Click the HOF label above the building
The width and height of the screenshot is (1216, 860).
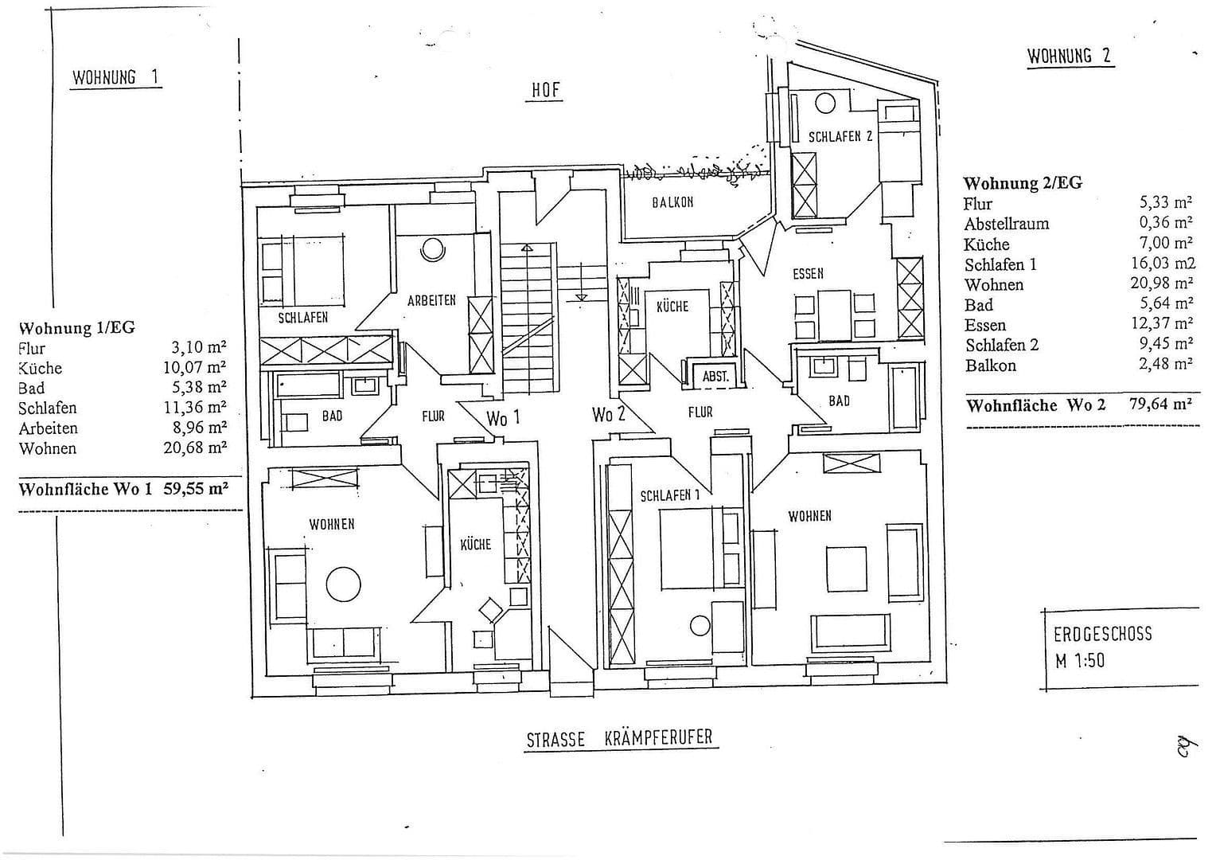[x=546, y=90]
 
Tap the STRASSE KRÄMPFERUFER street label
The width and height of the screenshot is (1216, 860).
[x=621, y=738]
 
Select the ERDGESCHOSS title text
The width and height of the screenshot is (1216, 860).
[x=1102, y=635]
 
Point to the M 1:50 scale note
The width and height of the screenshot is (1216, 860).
[x=1079, y=660]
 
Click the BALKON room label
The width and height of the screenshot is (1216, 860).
[x=672, y=202]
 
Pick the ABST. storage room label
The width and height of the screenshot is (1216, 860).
[x=715, y=377]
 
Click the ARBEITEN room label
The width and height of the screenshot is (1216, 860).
[x=431, y=300]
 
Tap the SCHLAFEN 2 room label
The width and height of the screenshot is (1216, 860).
[x=840, y=136]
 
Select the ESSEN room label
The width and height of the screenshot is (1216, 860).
[x=808, y=273]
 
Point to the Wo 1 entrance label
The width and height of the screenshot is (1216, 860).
[x=503, y=417]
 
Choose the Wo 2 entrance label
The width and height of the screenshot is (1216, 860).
[x=608, y=414]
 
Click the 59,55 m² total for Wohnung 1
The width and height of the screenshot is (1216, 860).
[x=196, y=488]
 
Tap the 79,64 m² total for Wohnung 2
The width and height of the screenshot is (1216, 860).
[x=1160, y=404]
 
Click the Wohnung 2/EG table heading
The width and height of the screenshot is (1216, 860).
[x=1022, y=182]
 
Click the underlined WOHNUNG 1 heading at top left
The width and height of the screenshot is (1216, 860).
[x=115, y=77]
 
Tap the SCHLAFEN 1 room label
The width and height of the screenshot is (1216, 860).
[x=669, y=495]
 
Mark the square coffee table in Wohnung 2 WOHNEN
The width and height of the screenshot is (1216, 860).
[x=846, y=569]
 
